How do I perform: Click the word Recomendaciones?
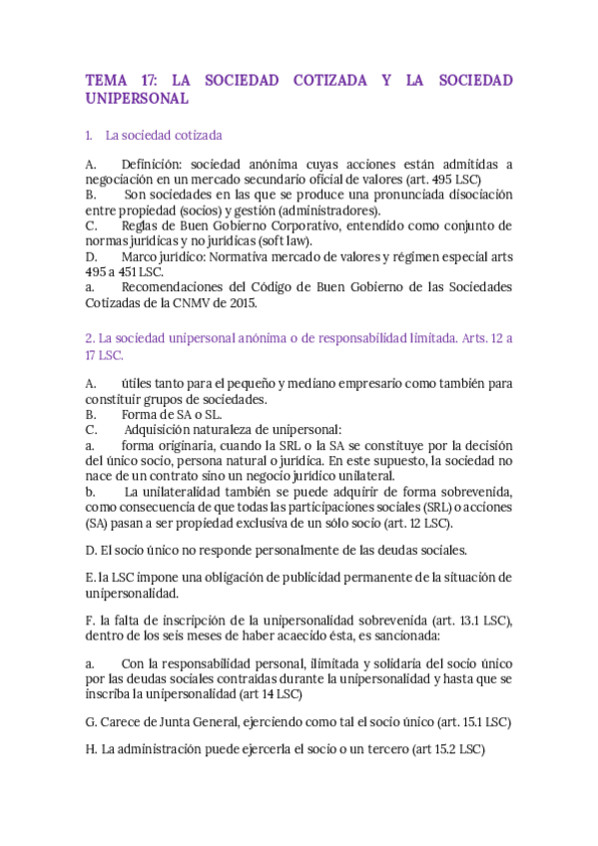(x=182, y=287)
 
